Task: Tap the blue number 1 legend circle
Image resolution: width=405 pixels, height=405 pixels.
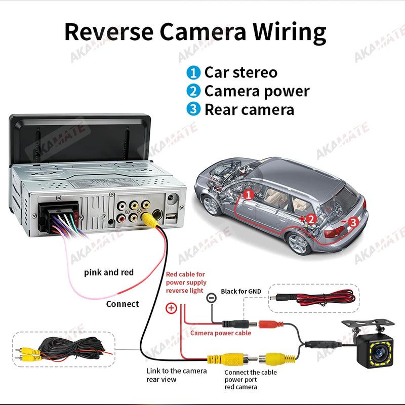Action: pos(193,72)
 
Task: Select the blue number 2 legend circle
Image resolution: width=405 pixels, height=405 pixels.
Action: pos(193,91)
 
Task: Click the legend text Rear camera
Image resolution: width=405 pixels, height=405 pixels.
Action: pos(249,109)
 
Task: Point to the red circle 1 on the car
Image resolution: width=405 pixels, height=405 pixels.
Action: pos(249,195)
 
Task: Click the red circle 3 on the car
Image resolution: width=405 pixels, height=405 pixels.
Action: pos(353,222)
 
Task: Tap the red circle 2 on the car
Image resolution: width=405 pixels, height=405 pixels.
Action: pos(311,219)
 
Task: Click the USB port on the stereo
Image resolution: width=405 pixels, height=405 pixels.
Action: pos(171,217)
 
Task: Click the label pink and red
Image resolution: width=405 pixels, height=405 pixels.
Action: pos(109,272)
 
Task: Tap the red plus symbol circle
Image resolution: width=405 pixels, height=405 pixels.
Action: pos(171,308)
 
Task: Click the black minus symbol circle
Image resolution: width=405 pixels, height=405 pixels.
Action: pos(211,298)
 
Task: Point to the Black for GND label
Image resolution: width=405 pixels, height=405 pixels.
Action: pos(241,292)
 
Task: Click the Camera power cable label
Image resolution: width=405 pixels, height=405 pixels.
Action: pos(221,333)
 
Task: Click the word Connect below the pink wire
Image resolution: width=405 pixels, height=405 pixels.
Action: pos(123,304)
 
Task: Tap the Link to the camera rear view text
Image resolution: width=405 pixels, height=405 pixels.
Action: pos(176,375)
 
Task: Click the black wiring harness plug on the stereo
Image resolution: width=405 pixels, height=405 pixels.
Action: pos(59,217)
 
